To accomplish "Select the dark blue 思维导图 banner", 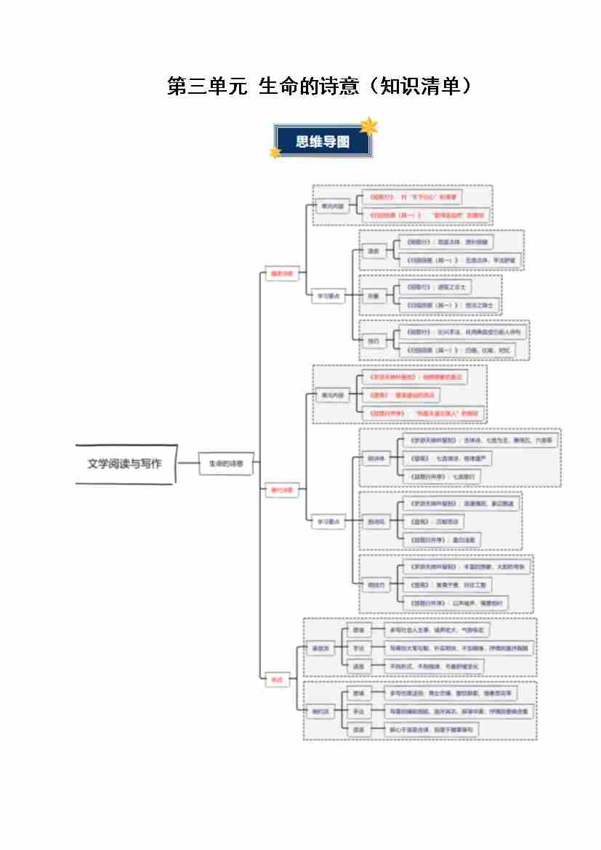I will (322, 142).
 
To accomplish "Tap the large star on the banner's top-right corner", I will (370, 127).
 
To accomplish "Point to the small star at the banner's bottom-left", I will (275, 153).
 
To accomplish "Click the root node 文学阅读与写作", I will (125, 464).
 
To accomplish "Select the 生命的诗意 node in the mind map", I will (226, 463).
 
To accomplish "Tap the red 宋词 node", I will (276, 680).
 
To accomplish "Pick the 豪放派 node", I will (320, 649).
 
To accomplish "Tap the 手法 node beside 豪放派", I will (358, 648).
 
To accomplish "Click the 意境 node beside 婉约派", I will (358, 693).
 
